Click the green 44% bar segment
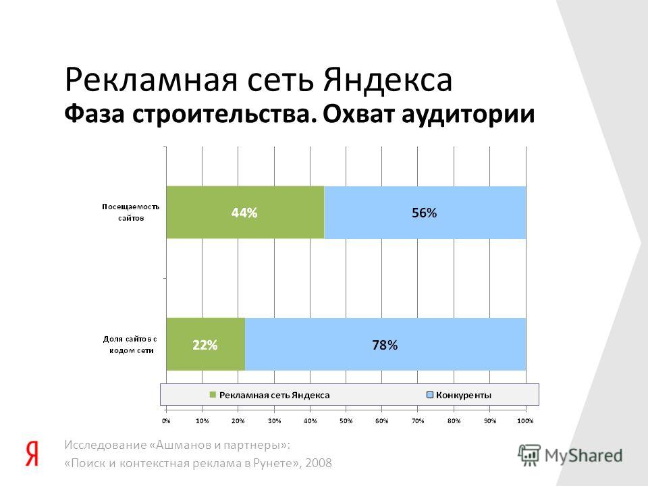[x=246, y=213]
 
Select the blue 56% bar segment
[x=425, y=213]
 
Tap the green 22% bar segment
[x=206, y=344]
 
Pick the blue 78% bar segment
[x=385, y=344]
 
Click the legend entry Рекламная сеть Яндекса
[x=269, y=395]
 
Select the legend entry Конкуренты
[x=459, y=395]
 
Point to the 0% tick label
[x=166, y=421]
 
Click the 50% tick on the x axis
[x=346, y=421]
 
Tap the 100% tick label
[x=525, y=421]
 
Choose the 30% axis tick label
[x=274, y=421]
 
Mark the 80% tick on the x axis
[x=454, y=421]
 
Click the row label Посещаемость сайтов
[x=130, y=213]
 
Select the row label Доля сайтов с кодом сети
[x=130, y=345]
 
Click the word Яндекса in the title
[x=387, y=80]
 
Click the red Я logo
[x=32, y=454]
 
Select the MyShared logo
[x=570, y=456]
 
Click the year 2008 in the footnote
[x=318, y=463]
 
